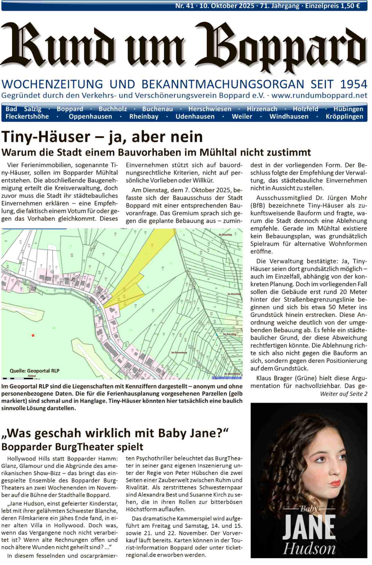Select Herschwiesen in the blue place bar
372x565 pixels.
pyautogui.click(x=210, y=109)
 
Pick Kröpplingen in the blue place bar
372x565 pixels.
pyautogui.click(x=344, y=117)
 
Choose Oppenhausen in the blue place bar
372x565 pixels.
pyautogui.click(x=90, y=117)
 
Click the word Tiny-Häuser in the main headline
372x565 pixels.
pyautogui.click(x=46, y=137)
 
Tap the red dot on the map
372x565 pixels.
pyautogui.click(x=33, y=335)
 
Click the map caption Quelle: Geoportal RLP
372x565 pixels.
pyautogui.click(x=34, y=371)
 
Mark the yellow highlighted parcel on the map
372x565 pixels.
pyautogui.click(x=136, y=279)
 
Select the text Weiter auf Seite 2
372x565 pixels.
pyautogui.click(x=343, y=394)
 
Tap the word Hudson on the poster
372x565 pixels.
pyautogui.click(x=309, y=549)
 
